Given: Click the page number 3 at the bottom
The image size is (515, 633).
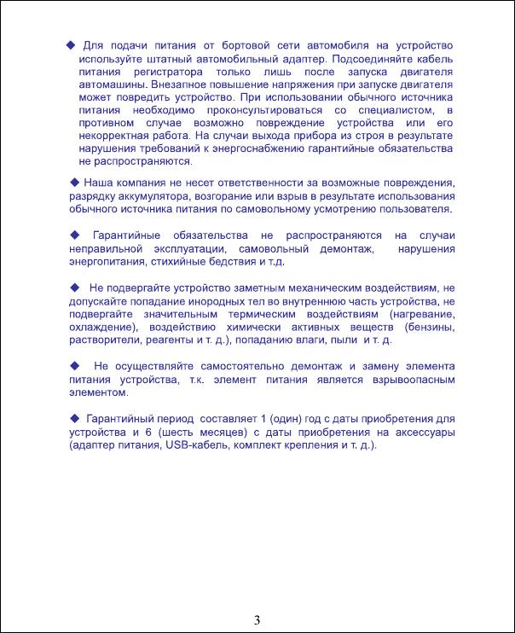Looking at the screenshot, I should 257,618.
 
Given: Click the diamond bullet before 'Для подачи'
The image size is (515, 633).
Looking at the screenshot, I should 71,44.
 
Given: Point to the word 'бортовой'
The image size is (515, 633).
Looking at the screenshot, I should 241,44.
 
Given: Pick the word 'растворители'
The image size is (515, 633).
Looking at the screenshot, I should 104,340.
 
